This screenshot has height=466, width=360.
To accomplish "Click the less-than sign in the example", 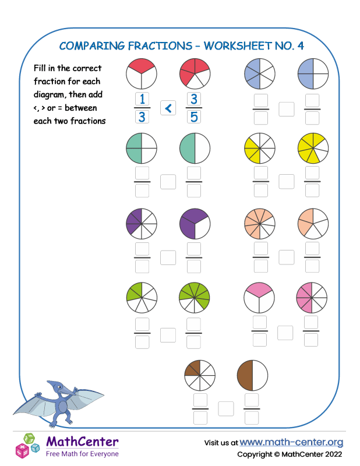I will (168, 108).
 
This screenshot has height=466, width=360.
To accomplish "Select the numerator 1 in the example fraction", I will (142, 98).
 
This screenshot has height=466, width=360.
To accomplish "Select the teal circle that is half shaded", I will (194, 148).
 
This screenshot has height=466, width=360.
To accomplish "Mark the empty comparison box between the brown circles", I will (226, 409).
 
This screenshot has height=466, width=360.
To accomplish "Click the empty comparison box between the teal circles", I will (168, 182).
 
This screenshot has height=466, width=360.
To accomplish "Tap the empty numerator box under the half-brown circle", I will (252, 400).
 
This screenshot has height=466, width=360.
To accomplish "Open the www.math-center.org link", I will (291, 442).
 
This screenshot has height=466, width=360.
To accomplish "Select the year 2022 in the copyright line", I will (330, 454).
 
